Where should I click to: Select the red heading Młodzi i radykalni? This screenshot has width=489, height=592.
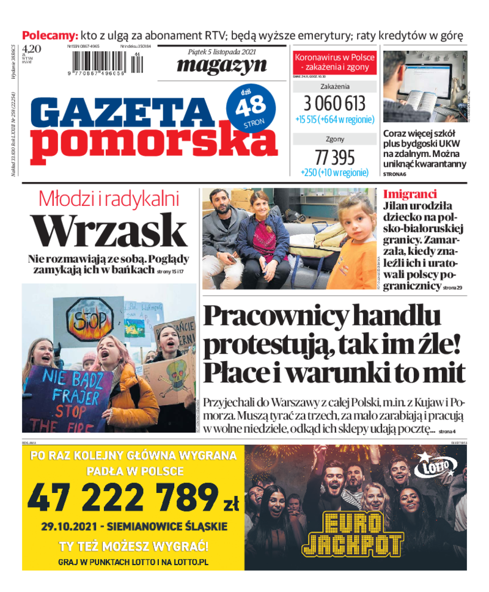(x=108, y=199)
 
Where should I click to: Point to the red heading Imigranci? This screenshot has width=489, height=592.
(x=410, y=194)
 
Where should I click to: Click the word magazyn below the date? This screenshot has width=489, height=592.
(x=222, y=65)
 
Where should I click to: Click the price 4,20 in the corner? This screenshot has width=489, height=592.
(x=32, y=48)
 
